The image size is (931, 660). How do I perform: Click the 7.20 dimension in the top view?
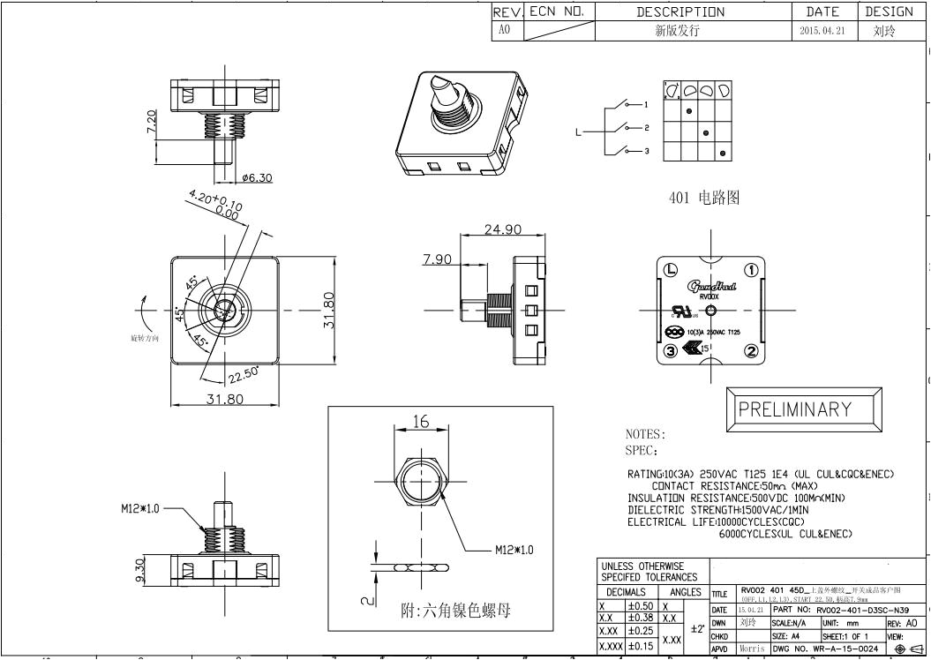click(151, 123)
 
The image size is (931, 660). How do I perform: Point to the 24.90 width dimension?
click(502, 230)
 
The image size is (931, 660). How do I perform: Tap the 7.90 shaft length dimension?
click(438, 259)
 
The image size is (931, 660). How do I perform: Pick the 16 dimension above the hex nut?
click(421, 423)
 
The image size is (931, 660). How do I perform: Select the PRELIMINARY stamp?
click(794, 409)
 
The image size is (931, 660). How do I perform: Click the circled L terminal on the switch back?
click(671, 270)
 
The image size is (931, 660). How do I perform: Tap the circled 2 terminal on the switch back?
click(751, 351)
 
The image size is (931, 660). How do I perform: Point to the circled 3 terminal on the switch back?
click(671, 351)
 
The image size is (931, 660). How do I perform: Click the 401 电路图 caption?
click(704, 199)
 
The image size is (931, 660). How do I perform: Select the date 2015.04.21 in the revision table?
click(824, 30)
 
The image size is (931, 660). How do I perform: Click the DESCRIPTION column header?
click(693, 11)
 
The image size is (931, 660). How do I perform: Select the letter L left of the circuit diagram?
click(579, 132)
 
